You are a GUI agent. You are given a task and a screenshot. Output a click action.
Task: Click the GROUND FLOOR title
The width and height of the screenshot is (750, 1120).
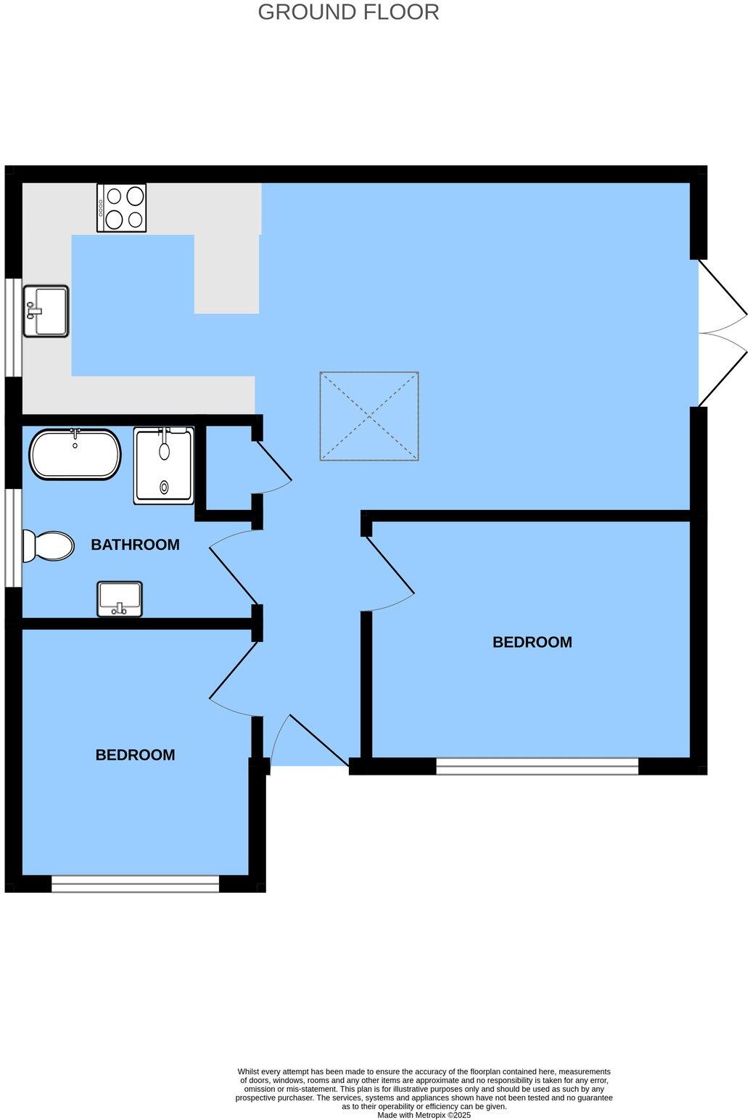point(348,12)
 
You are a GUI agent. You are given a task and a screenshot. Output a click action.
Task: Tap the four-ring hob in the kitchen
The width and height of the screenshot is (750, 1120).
point(121,207)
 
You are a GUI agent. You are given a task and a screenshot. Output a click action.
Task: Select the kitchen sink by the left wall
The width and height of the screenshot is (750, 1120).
point(46,311)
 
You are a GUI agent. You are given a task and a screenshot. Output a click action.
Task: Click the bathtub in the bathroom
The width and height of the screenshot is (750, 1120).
point(75,455)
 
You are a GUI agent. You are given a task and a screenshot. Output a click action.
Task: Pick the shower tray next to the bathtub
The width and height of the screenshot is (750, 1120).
point(164,465)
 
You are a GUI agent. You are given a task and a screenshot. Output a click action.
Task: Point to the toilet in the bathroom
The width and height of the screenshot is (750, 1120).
point(49,545)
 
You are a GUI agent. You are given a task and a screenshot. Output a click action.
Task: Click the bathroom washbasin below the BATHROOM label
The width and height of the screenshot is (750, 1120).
point(120,598)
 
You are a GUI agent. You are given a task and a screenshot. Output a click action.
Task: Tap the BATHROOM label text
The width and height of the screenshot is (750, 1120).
point(135,545)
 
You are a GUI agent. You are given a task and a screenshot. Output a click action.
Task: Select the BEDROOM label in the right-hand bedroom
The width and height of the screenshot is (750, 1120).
point(532,642)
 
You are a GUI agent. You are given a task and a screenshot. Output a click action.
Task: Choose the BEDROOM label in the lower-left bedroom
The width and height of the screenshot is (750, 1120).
point(135,755)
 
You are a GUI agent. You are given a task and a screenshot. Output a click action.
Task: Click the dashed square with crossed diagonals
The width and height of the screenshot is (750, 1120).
point(369,416)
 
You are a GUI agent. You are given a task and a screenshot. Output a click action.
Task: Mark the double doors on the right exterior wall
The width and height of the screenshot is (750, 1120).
point(722,333)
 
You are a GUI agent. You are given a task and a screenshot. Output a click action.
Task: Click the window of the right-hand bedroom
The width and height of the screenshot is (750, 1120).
point(537,767)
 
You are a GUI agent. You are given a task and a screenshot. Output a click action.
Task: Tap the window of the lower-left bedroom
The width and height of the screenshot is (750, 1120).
point(135,884)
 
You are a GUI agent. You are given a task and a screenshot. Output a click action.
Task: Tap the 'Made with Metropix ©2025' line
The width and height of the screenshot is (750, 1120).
point(424,1116)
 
